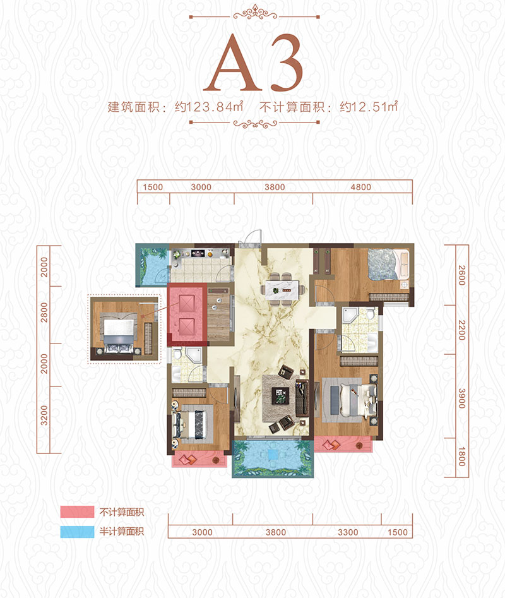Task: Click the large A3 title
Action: (252, 65)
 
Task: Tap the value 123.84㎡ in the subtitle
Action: (209, 107)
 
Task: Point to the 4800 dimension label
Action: (361, 187)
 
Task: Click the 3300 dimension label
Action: (348, 532)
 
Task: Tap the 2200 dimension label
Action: (461, 330)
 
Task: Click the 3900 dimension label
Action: (461, 398)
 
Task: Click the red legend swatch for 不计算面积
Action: (76, 512)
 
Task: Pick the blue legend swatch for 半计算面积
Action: (76, 532)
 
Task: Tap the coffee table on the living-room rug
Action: (279, 396)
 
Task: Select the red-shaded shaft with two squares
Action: (188, 314)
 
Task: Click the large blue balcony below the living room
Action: (273, 457)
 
